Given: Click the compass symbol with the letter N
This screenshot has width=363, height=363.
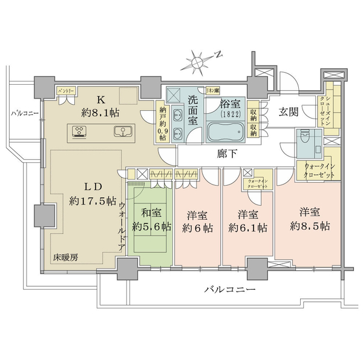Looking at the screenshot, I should (200, 60).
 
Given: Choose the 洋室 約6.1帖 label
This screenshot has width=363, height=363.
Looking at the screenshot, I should (247, 221).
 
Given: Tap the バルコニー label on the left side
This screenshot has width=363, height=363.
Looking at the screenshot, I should (23, 113).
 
